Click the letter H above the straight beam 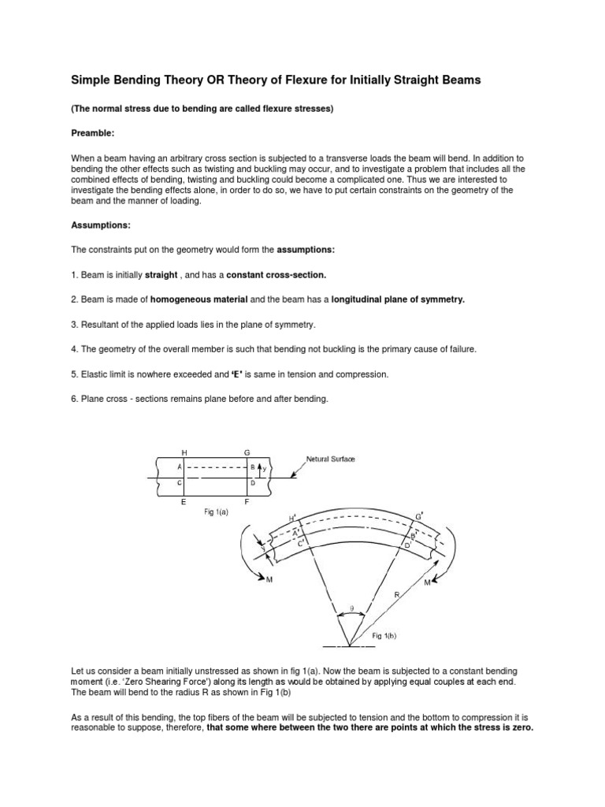click(x=184, y=452)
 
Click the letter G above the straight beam click(x=247, y=452)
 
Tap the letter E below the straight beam click(x=184, y=500)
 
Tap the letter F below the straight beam click(x=247, y=500)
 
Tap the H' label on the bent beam click(x=294, y=518)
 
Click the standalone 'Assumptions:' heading click(x=101, y=225)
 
